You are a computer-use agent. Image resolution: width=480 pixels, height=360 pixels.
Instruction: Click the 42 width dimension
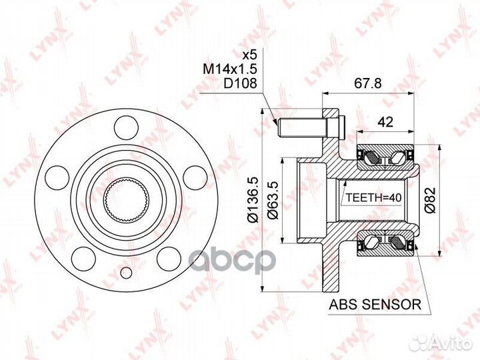click(x=386, y=122)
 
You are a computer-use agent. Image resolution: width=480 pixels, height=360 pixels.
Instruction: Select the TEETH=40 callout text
click(x=373, y=198)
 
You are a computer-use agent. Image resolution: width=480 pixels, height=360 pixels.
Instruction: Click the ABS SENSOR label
click(x=375, y=305)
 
